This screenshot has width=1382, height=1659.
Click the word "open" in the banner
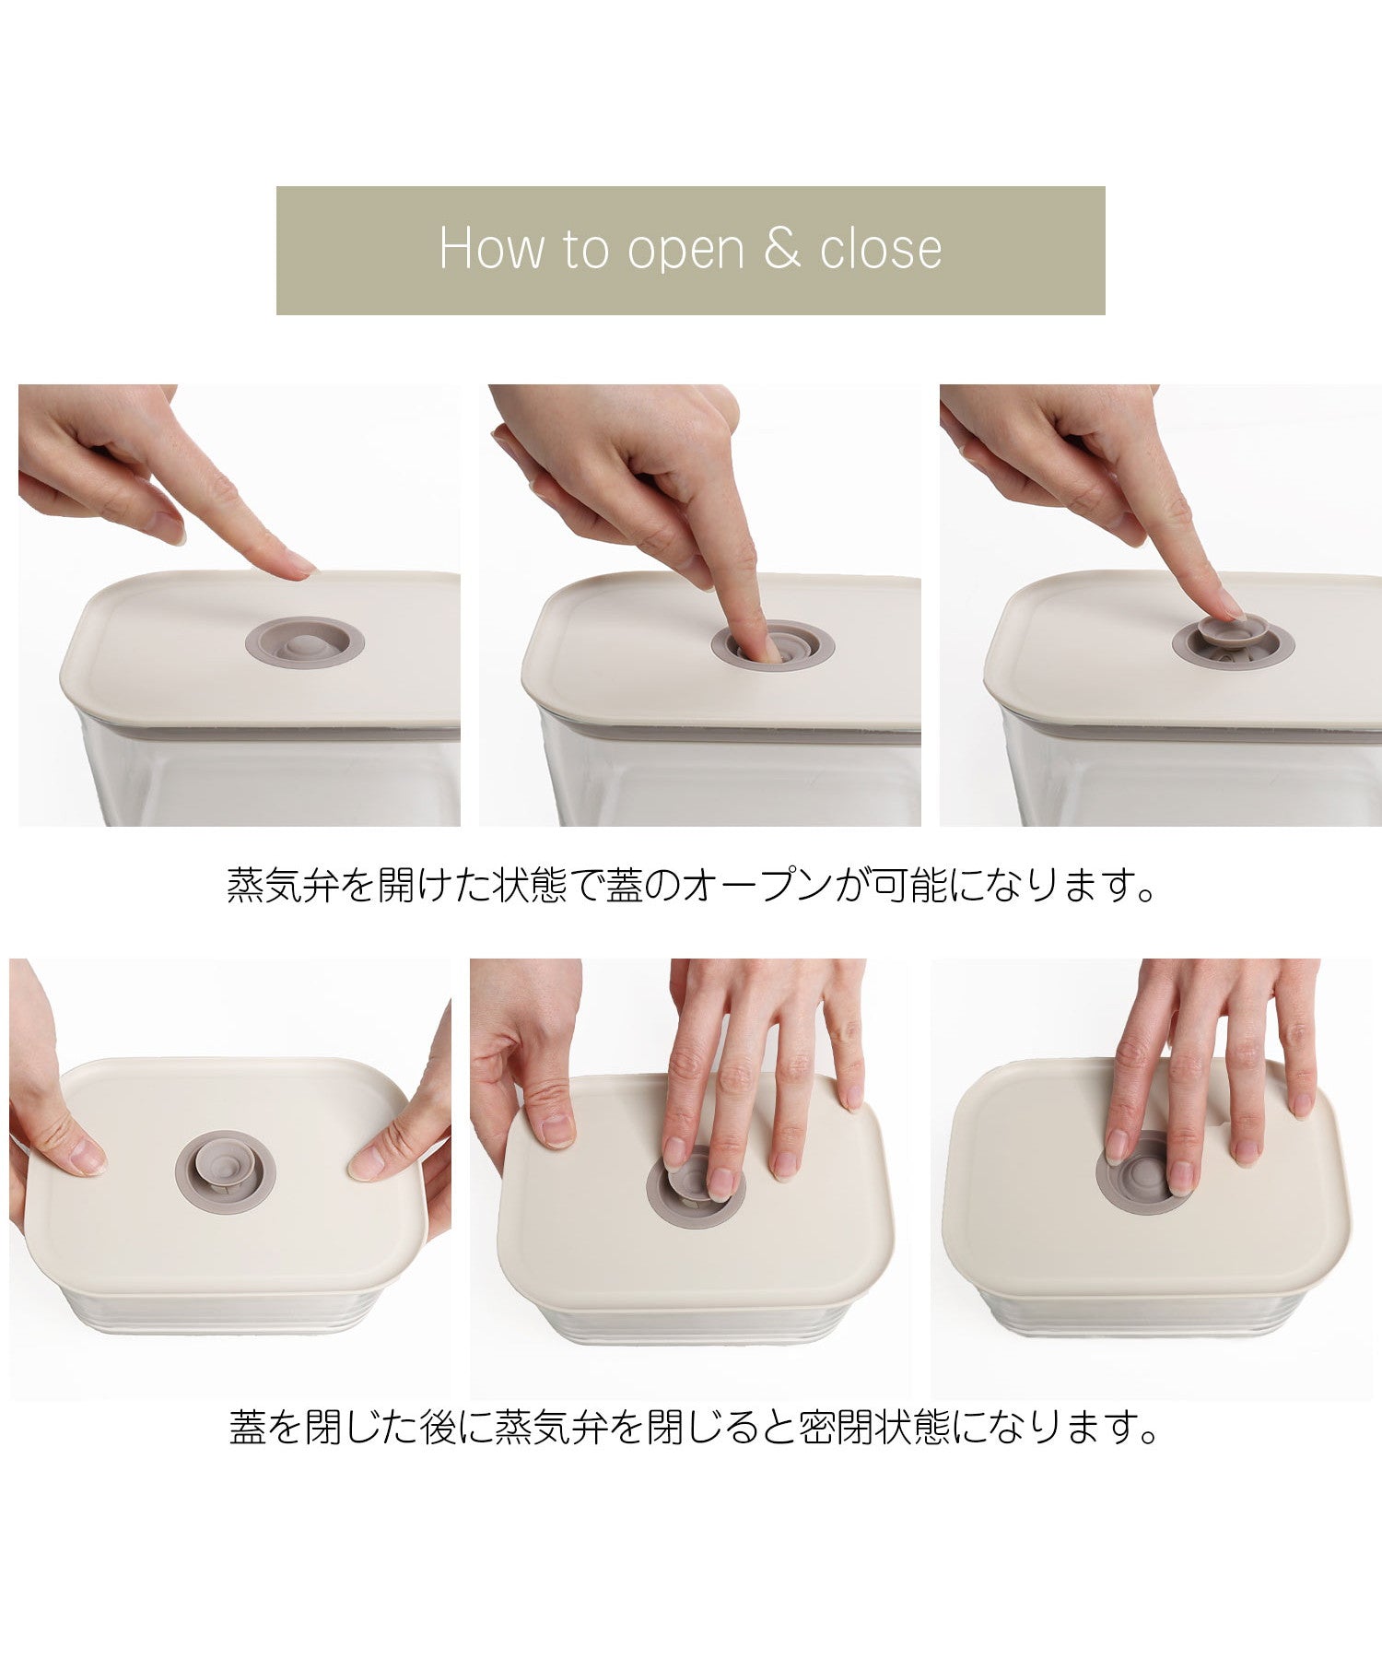pyautogui.click(x=685, y=250)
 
